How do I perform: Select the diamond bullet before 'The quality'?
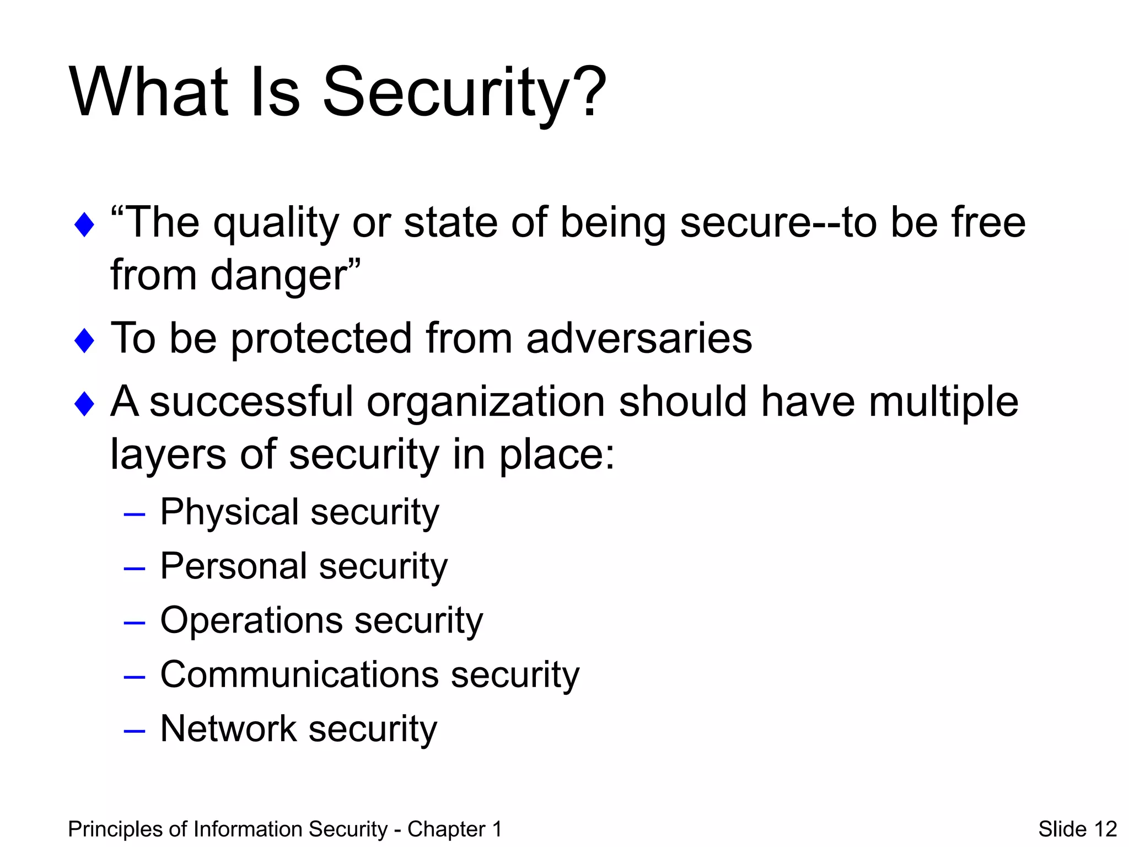[x=84, y=225]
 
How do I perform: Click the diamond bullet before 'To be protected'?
[x=84, y=340]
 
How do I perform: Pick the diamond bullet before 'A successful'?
[x=84, y=404]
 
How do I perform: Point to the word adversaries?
[x=639, y=338]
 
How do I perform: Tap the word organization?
[x=486, y=403]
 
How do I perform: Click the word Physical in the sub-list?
[x=229, y=513]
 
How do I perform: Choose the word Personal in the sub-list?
[x=234, y=566]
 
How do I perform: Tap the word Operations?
[x=251, y=620]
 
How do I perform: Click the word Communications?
[x=299, y=674]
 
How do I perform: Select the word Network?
[x=228, y=728]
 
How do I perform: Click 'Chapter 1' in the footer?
[x=454, y=829]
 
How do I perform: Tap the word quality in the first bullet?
[x=276, y=223]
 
